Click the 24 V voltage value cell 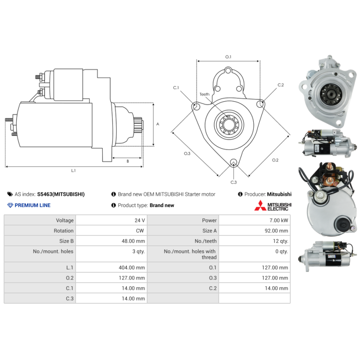point(139,220)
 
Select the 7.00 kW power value point(279,220)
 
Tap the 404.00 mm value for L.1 point(132,268)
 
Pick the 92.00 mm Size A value point(276,231)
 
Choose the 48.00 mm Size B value point(133,241)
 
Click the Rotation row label point(63,231)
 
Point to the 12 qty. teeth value point(280,241)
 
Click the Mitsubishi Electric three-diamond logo point(261,206)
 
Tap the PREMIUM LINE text point(32,205)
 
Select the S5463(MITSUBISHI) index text point(61,194)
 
